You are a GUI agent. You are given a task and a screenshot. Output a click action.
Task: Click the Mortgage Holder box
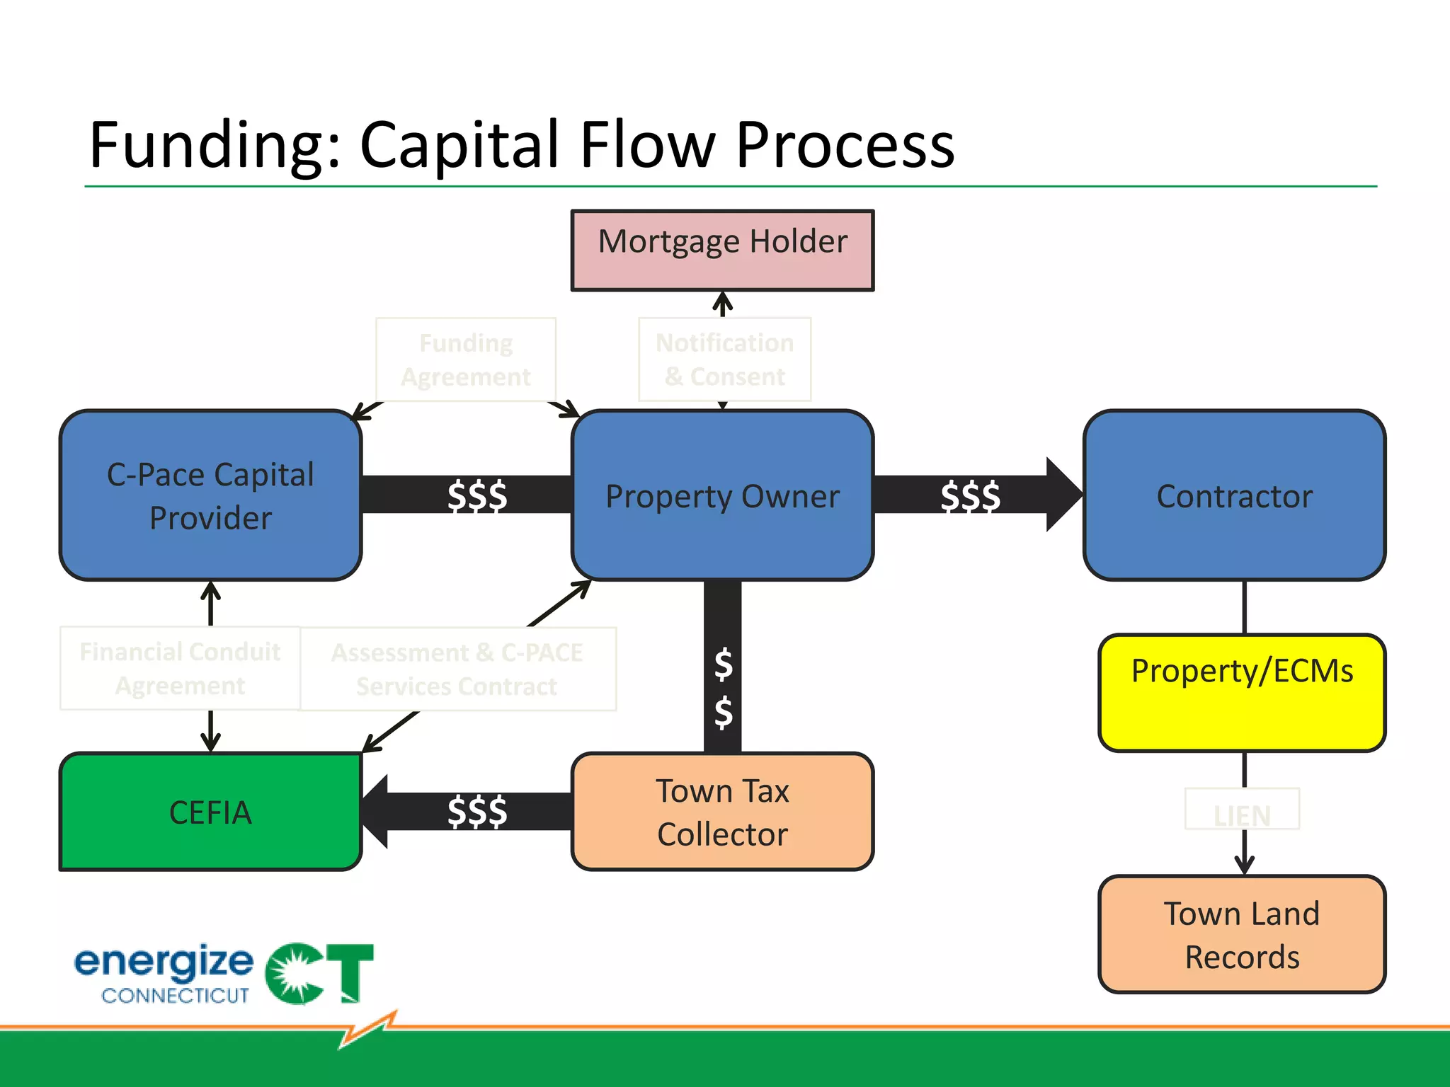(x=722, y=250)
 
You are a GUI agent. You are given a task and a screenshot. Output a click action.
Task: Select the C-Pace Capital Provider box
(x=211, y=495)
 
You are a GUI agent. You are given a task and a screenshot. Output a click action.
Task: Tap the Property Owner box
(x=722, y=495)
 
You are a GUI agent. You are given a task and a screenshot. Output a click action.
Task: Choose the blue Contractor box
(x=1234, y=495)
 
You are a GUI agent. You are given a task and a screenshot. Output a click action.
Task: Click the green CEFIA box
(x=211, y=812)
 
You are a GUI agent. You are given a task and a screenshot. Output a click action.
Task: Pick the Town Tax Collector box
(x=722, y=812)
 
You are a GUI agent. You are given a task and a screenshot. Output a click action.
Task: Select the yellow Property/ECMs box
(x=1242, y=692)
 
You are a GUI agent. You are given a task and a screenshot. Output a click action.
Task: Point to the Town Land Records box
(x=1242, y=934)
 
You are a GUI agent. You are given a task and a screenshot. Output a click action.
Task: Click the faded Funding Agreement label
(x=466, y=360)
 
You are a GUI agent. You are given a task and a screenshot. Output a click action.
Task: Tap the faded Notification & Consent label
(x=724, y=360)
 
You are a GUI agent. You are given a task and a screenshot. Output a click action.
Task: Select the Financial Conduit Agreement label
(x=180, y=668)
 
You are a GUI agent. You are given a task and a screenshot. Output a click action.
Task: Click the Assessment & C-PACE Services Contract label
(x=457, y=669)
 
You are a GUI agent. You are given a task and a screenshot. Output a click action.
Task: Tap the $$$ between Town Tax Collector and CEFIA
(x=476, y=812)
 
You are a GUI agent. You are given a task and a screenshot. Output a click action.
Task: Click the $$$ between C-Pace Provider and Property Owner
(x=476, y=495)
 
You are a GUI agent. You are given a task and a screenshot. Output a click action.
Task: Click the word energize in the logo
(x=164, y=962)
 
